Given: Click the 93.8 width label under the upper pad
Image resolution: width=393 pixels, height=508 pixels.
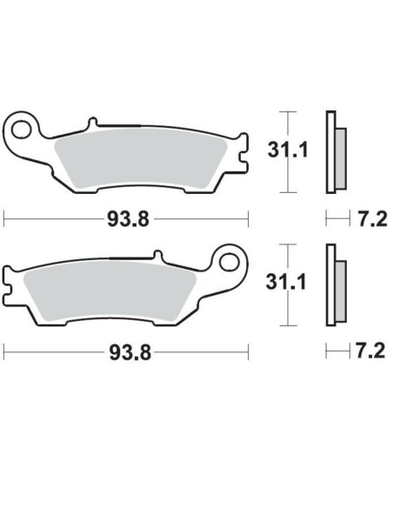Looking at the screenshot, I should click(x=125, y=219).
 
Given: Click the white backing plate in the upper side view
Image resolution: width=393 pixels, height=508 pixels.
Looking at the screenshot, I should click(x=330, y=152).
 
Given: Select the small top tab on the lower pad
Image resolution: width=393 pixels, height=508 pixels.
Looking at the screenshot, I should click(x=157, y=257).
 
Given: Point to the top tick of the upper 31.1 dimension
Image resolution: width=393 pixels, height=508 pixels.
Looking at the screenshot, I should click(x=287, y=113).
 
